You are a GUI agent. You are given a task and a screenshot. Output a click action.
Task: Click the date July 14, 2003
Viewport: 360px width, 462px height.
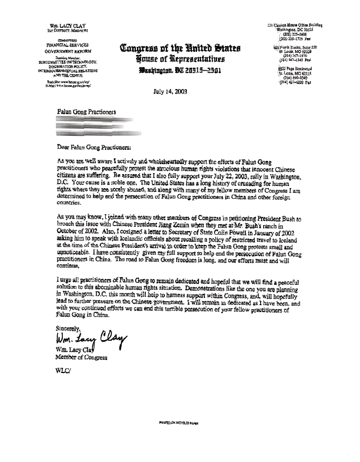pyautogui.click(x=170, y=92)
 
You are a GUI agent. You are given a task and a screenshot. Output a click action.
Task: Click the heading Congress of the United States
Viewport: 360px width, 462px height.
pyautogui.click(x=180, y=49)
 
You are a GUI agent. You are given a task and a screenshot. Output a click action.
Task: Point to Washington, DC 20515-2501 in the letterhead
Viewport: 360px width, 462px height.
pyautogui.click(x=180, y=70)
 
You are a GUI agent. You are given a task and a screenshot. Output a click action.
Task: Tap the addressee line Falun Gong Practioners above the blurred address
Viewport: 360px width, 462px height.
pyautogui.click(x=87, y=112)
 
